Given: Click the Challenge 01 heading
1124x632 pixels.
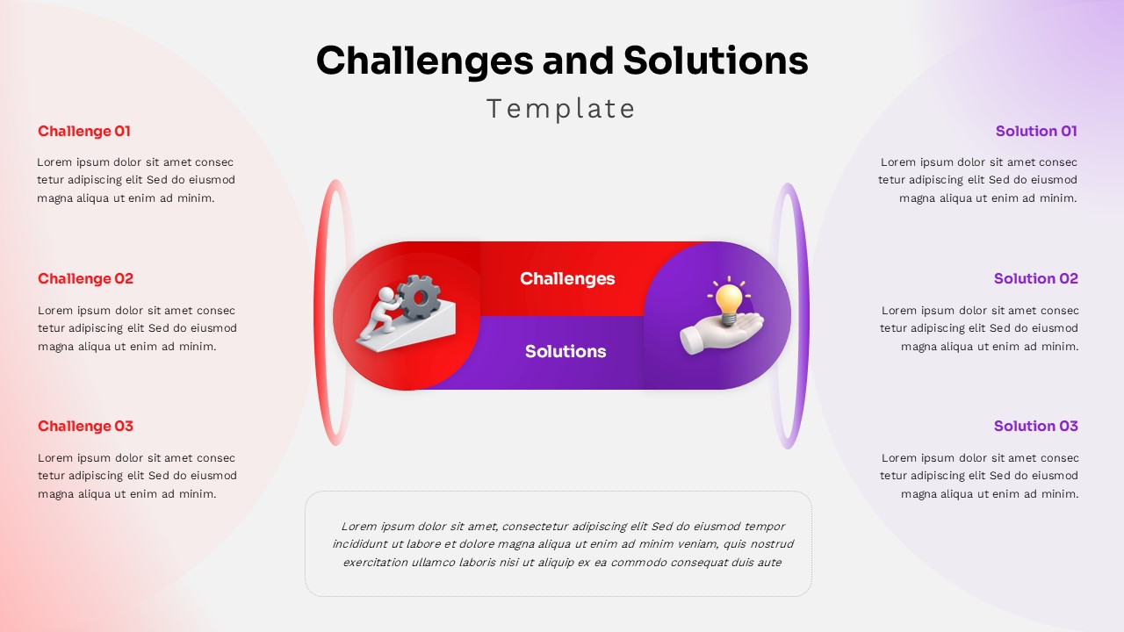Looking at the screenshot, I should [83, 132].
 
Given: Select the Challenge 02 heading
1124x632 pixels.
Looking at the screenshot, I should [85, 279].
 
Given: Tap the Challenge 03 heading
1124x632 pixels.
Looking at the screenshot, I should [85, 427].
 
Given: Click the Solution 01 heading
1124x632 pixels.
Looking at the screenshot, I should [1036, 132].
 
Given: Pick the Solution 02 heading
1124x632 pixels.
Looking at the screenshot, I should [1035, 279].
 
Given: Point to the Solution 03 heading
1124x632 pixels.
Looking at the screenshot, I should [1035, 427].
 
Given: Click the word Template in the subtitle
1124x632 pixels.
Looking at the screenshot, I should [560, 109].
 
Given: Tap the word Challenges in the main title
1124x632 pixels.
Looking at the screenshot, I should [424, 61].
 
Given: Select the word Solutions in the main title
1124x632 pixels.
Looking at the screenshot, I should [716, 61].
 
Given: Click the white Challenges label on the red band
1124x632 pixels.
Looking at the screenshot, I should [567, 279].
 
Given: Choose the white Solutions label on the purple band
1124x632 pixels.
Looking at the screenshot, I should [566, 352].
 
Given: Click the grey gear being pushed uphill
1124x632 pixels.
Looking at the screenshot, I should [418, 296].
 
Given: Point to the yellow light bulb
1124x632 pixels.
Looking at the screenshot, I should [728, 301].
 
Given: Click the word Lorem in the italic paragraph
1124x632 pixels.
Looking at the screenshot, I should [358, 527].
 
